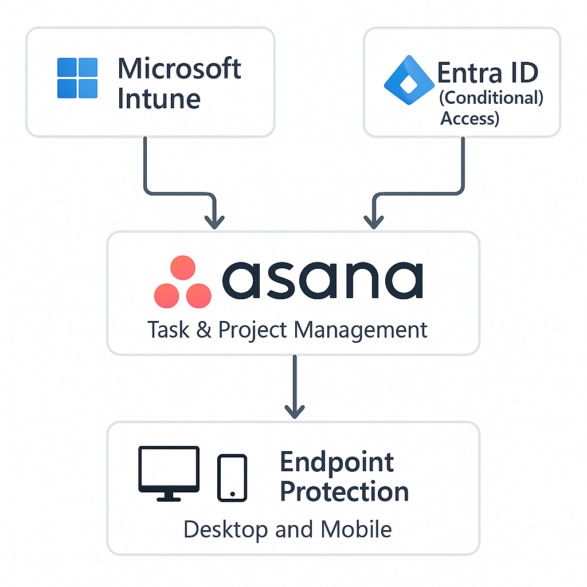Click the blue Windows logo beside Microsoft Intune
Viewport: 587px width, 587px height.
tap(77, 78)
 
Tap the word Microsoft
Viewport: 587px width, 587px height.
tap(179, 69)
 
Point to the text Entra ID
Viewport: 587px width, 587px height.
tap(487, 73)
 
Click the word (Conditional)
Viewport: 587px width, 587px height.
tap(491, 97)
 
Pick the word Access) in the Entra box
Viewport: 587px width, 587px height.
tap(469, 118)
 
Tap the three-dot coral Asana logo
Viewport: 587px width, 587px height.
tap(183, 282)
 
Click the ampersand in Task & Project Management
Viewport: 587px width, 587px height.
tap(204, 330)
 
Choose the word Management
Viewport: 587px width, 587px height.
tap(360, 330)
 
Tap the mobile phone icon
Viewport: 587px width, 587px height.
tap(232, 478)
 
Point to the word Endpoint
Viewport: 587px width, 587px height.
tap(337, 462)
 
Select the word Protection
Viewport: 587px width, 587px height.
tap(344, 492)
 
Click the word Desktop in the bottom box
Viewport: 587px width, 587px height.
tap(226, 529)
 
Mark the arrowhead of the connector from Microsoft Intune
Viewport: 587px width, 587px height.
tap(215, 220)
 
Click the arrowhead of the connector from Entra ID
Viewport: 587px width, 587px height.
tap(374, 220)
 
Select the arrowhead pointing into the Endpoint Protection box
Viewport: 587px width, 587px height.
tap(294, 410)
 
